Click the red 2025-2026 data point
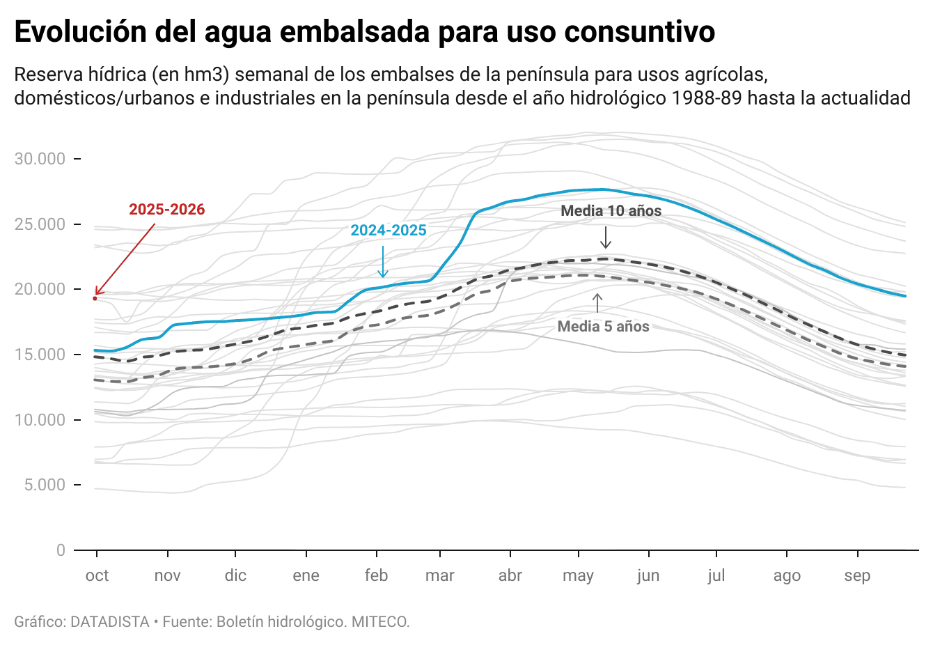[95, 298]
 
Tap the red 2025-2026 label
[167, 210]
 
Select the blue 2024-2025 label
[389, 231]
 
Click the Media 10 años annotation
[611, 211]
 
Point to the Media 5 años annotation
[604, 327]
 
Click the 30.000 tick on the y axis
[40, 159]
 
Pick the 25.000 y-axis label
[40, 224]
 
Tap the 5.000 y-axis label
[45, 485]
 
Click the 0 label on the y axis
[61, 550]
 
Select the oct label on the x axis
[97, 575]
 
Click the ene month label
[306, 575]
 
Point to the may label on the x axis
[578, 576]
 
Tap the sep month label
[857, 576]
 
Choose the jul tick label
[716, 575]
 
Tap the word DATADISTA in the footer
[110, 621]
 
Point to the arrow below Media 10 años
[606, 238]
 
